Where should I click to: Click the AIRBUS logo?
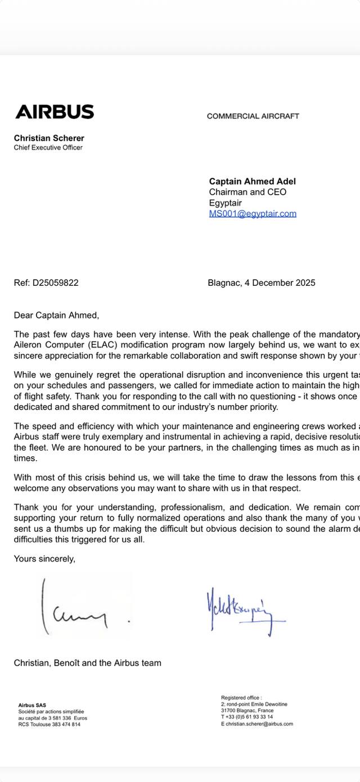pos(55,112)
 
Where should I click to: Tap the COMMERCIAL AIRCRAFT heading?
pos(253,116)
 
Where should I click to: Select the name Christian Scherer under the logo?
pos(49,138)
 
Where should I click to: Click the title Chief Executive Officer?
pos(48,147)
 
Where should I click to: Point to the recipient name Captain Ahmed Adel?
pos(252,181)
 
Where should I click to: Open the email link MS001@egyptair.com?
pos(253,214)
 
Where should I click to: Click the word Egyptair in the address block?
pos(225,203)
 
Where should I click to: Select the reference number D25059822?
pos(55,283)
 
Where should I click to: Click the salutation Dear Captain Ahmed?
pos(56,316)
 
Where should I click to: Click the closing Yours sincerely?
pos(44,559)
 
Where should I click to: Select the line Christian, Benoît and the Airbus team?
pos(87,663)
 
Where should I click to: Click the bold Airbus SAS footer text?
pos(32,705)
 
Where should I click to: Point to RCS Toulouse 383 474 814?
pos(49,724)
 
